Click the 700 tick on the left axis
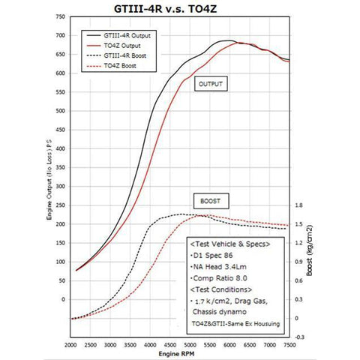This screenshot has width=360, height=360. (61, 36)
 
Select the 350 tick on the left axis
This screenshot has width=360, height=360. (61, 167)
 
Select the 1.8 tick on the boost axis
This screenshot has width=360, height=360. (299, 205)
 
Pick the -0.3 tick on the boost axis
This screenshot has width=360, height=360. (299, 337)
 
